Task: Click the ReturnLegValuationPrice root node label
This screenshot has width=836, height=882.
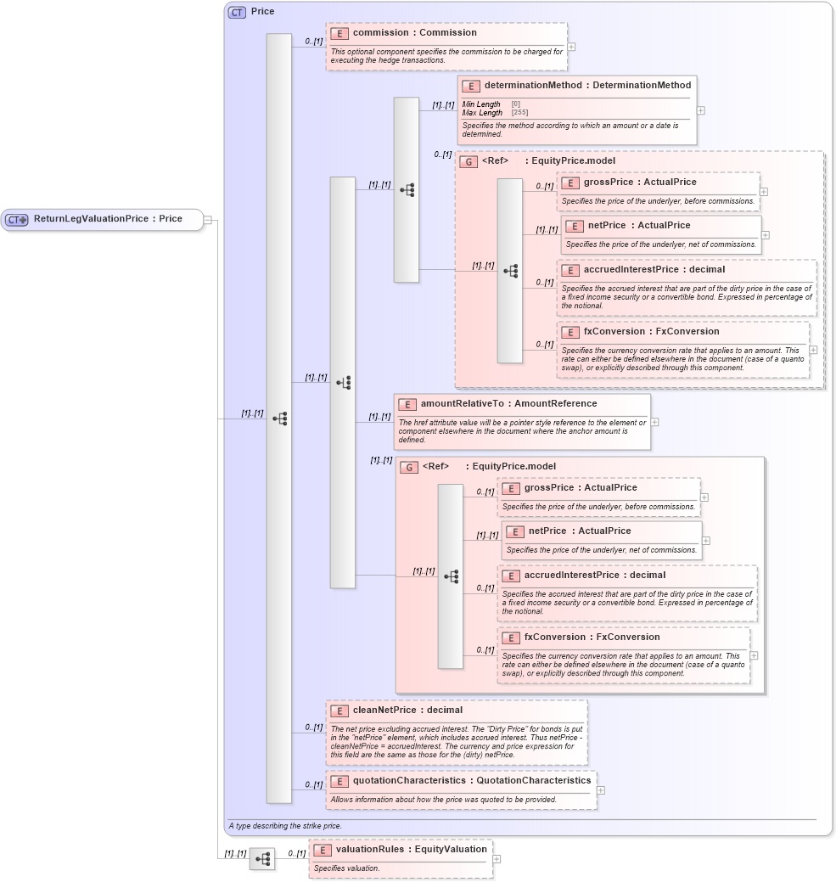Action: click(x=108, y=219)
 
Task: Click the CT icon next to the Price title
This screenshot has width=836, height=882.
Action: click(x=237, y=12)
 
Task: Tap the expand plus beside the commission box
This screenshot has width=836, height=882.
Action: click(x=572, y=48)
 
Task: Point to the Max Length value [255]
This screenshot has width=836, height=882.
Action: click(x=519, y=113)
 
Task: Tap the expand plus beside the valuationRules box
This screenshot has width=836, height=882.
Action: click(x=497, y=859)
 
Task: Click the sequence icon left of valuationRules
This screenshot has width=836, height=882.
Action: click(x=262, y=859)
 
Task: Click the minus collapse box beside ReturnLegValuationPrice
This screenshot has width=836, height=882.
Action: click(x=208, y=220)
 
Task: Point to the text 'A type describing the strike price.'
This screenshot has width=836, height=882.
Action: click(x=284, y=826)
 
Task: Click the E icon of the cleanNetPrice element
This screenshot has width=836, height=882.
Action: click(x=339, y=711)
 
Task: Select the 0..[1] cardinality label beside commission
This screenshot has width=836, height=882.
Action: click(x=314, y=41)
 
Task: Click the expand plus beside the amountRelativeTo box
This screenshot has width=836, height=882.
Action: click(x=654, y=422)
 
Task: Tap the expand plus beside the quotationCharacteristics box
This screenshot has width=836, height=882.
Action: click(x=601, y=790)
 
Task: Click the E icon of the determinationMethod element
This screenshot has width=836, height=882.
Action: click(x=471, y=86)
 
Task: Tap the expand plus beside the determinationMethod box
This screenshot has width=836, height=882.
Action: click(x=700, y=110)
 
